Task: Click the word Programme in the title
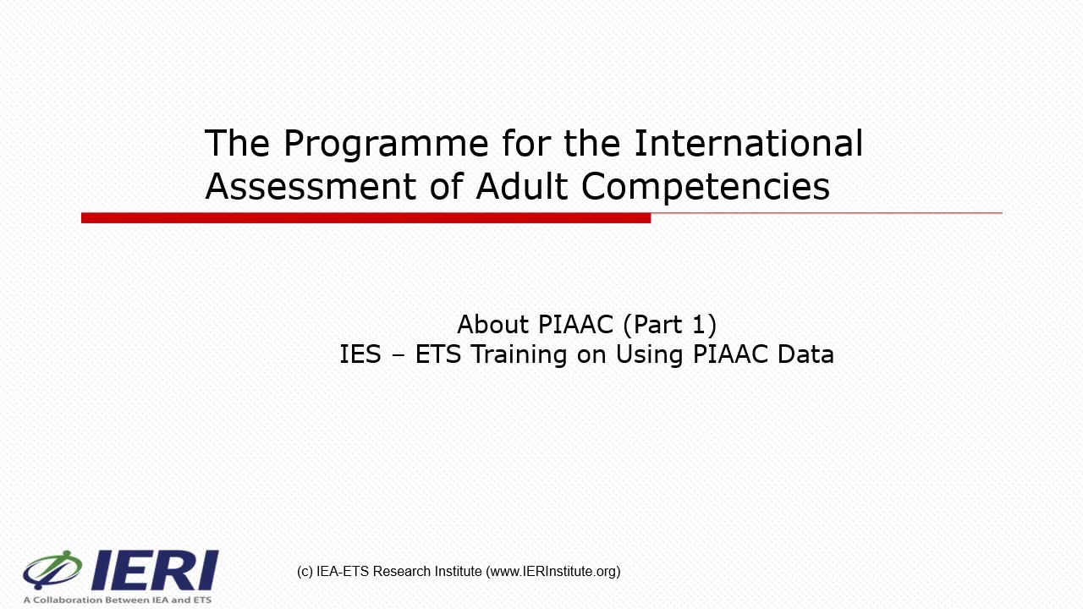(385, 145)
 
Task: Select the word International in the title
(748, 143)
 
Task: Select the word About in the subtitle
(493, 324)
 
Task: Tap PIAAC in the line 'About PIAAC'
(575, 324)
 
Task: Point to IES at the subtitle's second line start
(360, 354)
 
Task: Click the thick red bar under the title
(366, 218)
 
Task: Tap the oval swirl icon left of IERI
(52, 569)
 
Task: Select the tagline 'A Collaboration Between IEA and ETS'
(117, 600)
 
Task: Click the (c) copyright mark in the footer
(305, 572)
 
